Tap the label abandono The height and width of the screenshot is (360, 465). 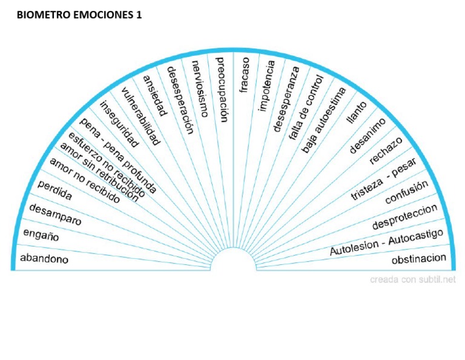click(44, 259)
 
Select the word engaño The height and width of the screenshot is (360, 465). click(41, 235)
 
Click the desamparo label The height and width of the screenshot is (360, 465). click(55, 214)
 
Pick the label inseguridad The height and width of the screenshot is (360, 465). click(119, 124)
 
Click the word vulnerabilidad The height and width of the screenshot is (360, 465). click(140, 116)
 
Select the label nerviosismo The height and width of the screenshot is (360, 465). click(199, 87)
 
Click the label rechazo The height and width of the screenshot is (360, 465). click(386, 150)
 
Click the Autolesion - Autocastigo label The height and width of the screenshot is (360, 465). click(387, 242)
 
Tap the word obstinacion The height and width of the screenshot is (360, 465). click(419, 259)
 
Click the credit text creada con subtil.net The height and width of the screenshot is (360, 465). click(413, 279)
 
